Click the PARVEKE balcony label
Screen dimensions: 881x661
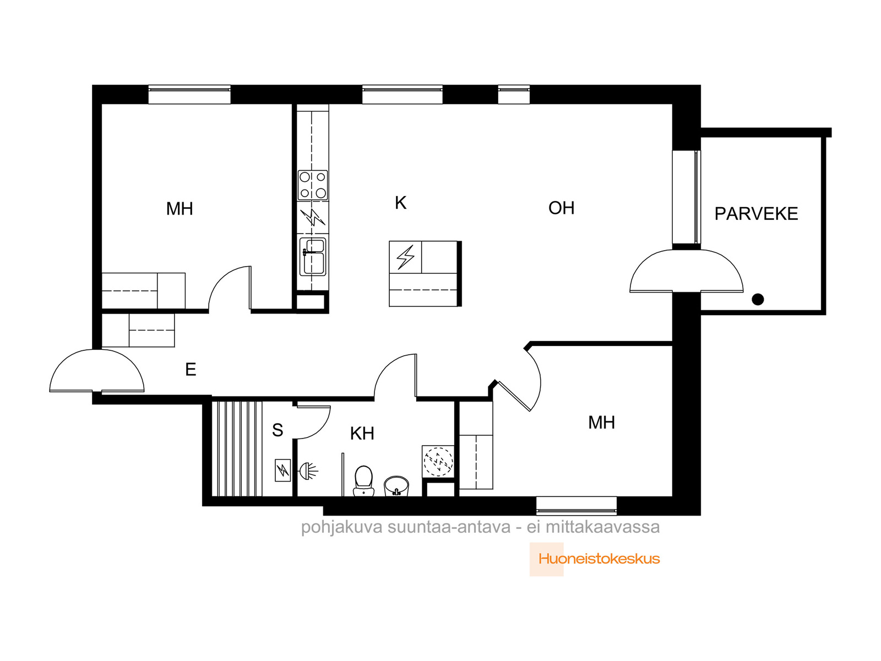(756, 214)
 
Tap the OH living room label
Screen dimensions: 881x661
(561, 208)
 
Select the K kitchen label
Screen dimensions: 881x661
(400, 203)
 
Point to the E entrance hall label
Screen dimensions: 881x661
(191, 369)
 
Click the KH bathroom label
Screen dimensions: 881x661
(362, 434)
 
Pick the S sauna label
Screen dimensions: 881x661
(278, 430)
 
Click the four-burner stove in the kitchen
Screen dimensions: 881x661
(313, 185)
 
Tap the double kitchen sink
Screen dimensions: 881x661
(313, 257)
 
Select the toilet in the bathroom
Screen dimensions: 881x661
(363, 480)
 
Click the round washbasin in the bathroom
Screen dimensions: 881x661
(396, 486)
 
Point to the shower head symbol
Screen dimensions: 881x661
(309, 470)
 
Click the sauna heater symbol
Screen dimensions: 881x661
(282, 470)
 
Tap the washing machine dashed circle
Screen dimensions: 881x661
(438, 462)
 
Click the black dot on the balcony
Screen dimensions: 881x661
(757, 300)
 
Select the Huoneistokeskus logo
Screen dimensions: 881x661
(595, 559)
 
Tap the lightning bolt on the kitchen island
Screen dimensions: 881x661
(405, 257)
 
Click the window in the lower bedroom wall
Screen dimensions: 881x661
(577, 506)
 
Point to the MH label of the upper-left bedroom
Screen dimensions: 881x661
(180, 209)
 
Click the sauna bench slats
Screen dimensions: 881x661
(237, 449)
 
